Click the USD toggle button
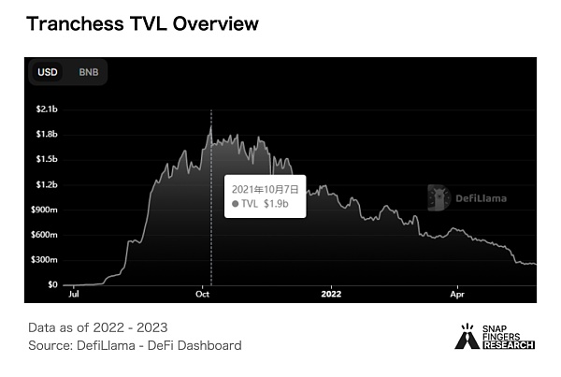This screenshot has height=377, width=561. (x=46, y=72)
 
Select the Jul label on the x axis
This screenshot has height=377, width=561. (x=73, y=294)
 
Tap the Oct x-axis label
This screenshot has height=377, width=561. (x=203, y=294)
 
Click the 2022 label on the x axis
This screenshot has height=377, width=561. (x=333, y=294)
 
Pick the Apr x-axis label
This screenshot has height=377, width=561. (x=458, y=294)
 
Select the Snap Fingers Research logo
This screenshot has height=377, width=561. (x=495, y=338)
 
